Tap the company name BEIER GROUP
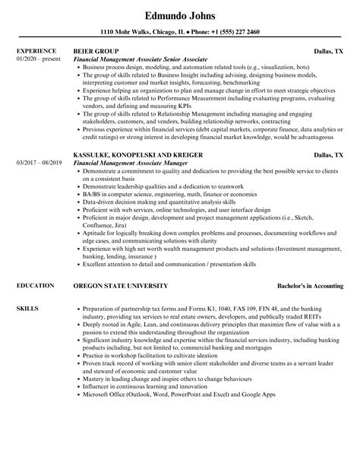(x=94, y=51)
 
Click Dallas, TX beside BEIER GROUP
(x=329, y=51)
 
